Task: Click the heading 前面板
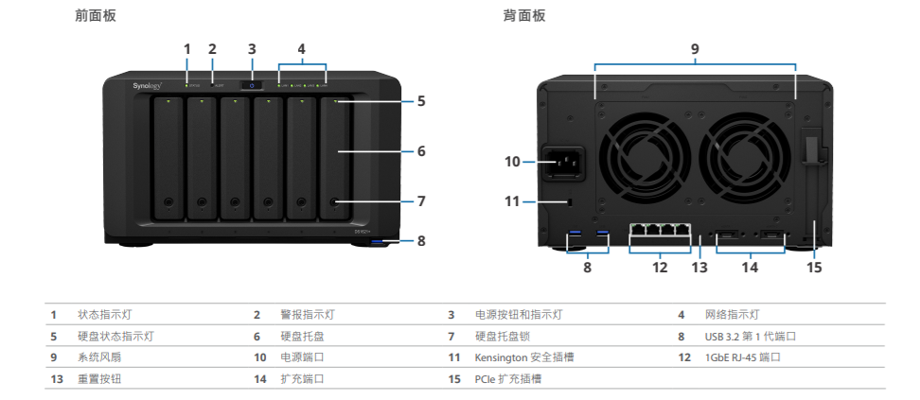[x=96, y=16]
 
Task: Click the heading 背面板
[x=524, y=16]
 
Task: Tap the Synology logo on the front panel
[x=148, y=86]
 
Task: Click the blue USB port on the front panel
[x=381, y=243]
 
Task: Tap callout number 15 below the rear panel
[x=814, y=268]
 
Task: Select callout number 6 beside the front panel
[x=421, y=150]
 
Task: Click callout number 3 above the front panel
[x=252, y=49]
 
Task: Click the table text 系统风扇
[x=99, y=357]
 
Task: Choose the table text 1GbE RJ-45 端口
[x=743, y=357]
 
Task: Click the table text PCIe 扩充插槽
[x=509, y=378]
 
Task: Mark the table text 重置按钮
[x=99, y=378]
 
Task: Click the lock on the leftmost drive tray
[x=168, y=201]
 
